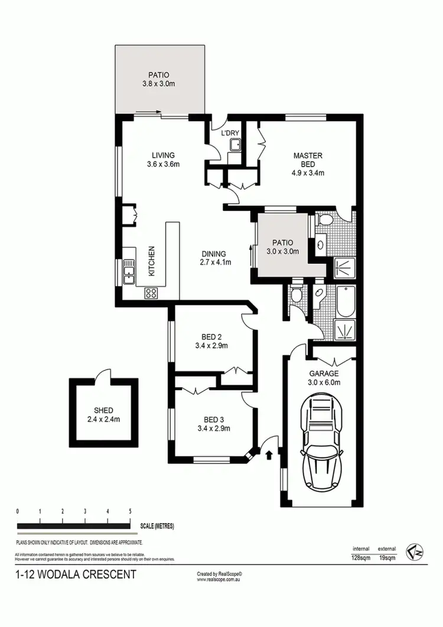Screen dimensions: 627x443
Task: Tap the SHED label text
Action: (103, 411)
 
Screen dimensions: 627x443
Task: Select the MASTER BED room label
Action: (308, 160)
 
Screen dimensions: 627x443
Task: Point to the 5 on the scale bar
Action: (130, 511)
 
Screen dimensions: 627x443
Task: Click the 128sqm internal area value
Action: (361, 557)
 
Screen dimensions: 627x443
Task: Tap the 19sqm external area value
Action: (387, 557)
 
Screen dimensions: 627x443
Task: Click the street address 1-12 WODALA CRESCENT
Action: (75, 574)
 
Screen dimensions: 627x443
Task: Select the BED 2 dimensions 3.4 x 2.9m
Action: (211, 346)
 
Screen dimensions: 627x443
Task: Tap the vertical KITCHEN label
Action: (151, 262)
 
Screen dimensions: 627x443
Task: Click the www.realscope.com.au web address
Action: (220, 579)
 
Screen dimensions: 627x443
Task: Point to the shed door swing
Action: (104, 373)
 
